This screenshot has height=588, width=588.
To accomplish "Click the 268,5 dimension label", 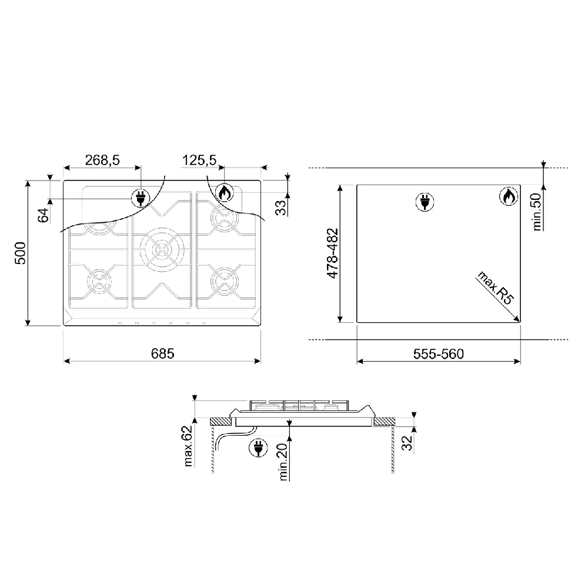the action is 102,160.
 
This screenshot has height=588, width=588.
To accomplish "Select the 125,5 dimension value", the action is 199,160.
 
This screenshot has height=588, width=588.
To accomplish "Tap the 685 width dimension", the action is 162,353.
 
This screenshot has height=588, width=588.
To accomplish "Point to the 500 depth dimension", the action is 20,253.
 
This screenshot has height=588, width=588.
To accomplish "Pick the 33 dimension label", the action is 280,208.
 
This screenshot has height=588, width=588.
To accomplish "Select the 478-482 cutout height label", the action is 333,253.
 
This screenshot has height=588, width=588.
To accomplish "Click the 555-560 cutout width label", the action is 439,353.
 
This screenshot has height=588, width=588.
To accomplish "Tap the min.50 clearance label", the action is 537,212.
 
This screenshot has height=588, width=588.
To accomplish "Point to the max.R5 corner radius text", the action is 495,288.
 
